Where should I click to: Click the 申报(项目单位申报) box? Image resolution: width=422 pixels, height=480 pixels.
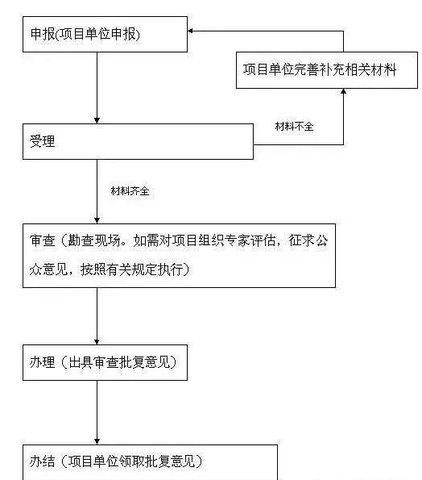[105, 34]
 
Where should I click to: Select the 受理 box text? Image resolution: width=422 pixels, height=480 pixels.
[43, 141]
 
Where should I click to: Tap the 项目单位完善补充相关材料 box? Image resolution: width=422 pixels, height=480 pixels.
[327, 70]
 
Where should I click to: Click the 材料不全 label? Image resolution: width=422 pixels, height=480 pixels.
[294, 126]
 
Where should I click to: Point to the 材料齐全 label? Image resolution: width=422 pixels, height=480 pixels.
[130, 191]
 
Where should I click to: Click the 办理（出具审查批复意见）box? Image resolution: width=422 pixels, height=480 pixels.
[105, 362]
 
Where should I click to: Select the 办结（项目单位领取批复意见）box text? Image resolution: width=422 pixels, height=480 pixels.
[115, 461]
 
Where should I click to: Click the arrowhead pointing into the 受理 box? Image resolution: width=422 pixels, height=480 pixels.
[97, 120]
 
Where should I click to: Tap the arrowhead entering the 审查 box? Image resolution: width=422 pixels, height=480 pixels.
[97, 220]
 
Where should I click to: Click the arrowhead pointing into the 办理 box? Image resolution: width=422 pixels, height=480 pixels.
[97, 341]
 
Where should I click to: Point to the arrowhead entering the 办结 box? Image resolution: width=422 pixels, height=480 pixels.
[97, 441]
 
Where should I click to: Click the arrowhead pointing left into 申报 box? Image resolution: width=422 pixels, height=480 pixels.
[191, 31]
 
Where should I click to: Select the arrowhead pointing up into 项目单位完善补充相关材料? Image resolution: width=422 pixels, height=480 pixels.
[343, 91]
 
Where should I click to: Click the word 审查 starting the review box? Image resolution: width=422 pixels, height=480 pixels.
[43, 240]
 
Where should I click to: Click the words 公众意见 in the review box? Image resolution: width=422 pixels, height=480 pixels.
[322, 255]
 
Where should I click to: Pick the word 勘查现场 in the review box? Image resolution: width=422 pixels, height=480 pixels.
[94, 240]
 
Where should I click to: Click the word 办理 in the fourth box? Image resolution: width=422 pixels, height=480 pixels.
[43, 362]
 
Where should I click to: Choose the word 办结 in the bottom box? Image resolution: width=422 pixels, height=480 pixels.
[43, 461]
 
